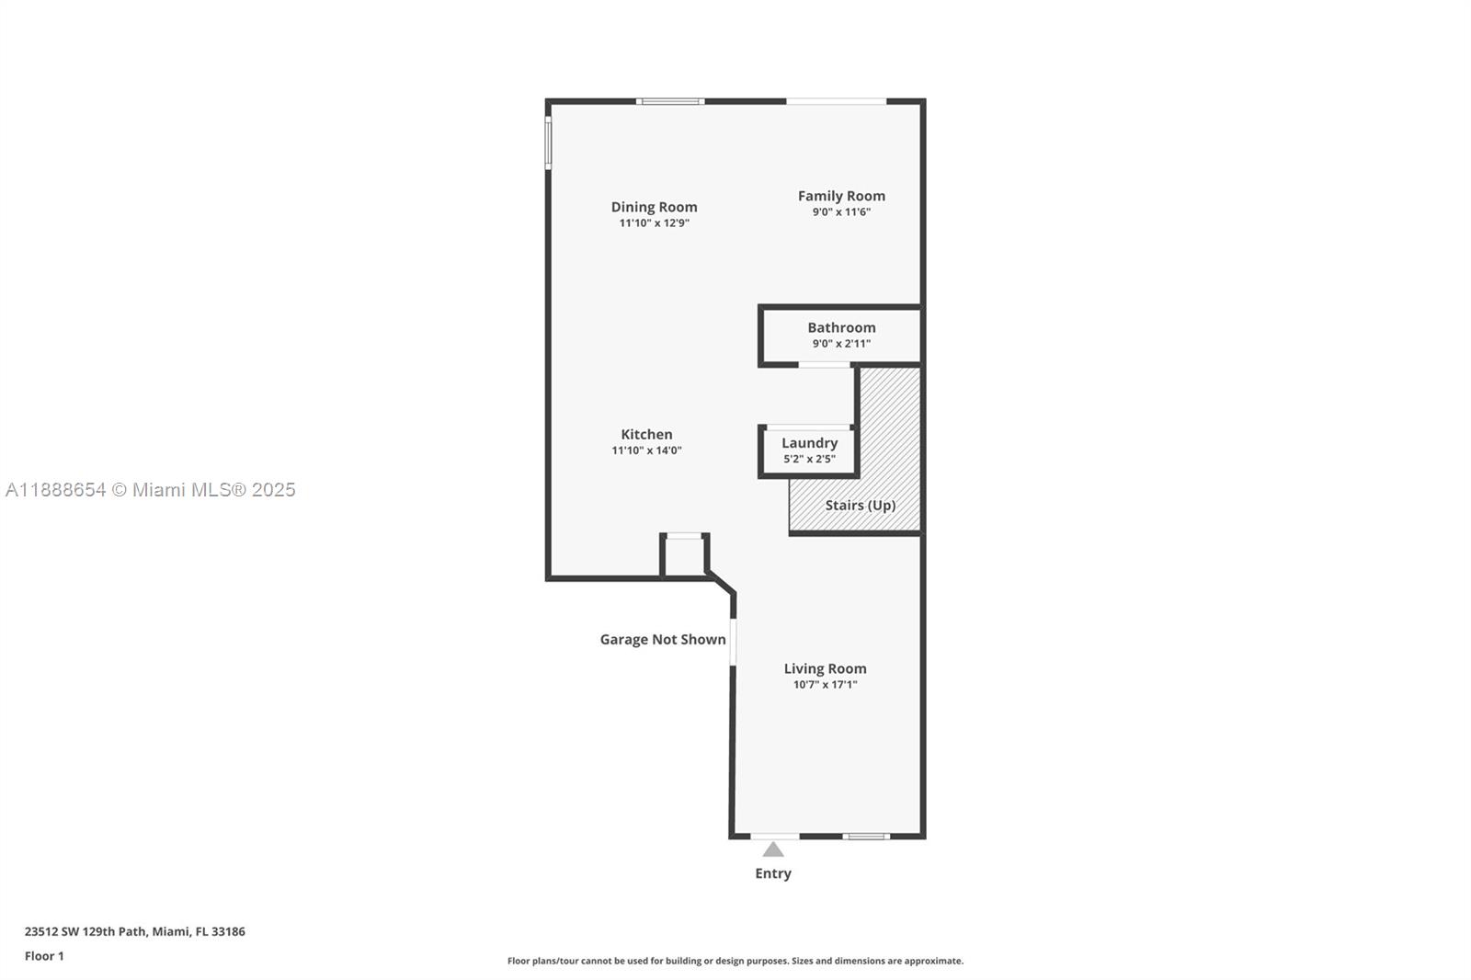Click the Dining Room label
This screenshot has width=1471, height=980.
click(654, 207)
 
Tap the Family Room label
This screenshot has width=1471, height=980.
click(841, 196)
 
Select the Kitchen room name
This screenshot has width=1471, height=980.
click(646, 434)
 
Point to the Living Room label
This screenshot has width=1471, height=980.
click(825, 668)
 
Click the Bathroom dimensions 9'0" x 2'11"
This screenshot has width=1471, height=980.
click(841, 344)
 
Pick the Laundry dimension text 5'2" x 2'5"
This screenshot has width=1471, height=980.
click(809, 459)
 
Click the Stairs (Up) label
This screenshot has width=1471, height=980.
click(860, 505)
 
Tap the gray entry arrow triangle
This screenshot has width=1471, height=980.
click(773, 849)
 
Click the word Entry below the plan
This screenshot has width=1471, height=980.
click(773, 873)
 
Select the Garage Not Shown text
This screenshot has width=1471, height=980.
click(663, 639)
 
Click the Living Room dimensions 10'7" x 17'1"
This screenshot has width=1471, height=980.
click(825, 685)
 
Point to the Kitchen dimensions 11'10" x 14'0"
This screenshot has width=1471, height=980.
click(646, 450)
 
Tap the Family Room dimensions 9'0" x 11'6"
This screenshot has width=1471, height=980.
click(841, 212)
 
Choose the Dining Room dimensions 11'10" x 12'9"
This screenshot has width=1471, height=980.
click(654, 223)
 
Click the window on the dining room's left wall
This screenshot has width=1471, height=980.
click(548, 142)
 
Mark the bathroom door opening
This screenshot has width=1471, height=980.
click(825, 365)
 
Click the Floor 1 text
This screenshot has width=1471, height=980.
click(44, 956)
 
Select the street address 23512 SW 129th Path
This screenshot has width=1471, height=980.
click(86, 931)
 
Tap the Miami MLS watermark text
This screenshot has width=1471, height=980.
click(151, 490)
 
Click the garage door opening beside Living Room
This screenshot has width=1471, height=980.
click(733, 642)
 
